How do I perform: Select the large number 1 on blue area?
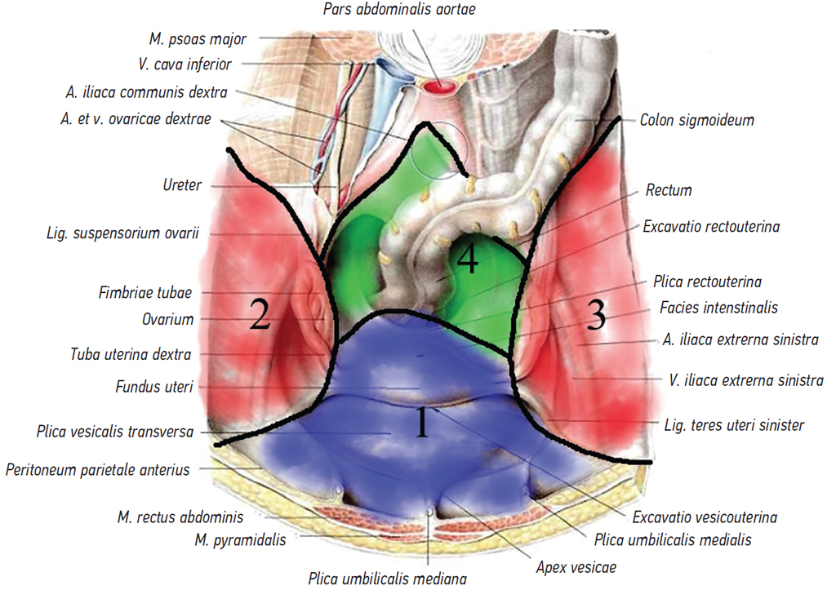[421, 423]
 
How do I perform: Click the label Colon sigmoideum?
[696, 120]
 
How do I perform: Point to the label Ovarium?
[168, 319]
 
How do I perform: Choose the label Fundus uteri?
[154, 387]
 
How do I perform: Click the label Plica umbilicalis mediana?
[387, 579]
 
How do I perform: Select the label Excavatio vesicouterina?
[705, 517]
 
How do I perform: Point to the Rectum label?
[669, 190]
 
